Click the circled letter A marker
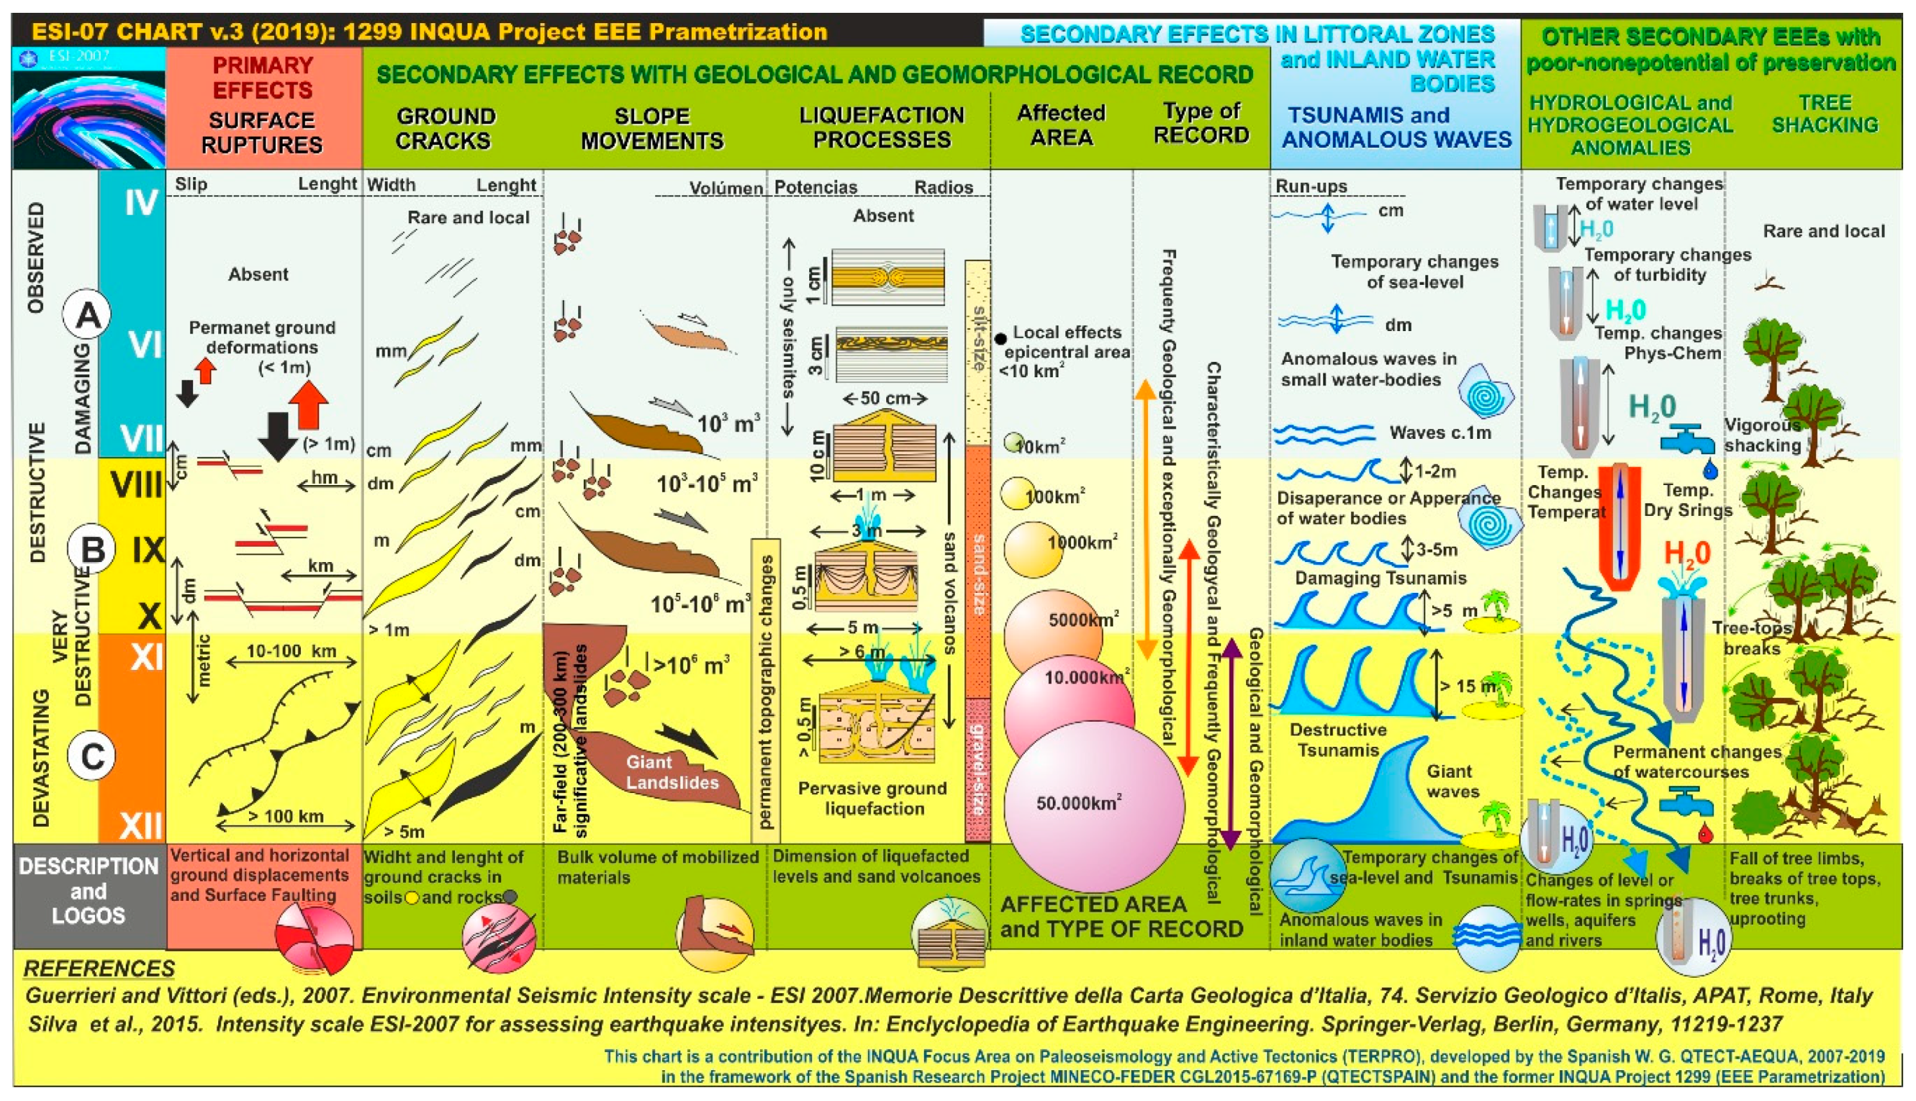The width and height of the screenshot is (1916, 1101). pos(88,314)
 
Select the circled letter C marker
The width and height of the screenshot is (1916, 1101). pos(92,756)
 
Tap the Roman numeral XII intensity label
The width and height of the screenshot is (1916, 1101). pos(141,824)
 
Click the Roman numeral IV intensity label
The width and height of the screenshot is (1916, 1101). pos(141,203)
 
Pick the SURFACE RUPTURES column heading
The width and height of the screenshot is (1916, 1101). pos(262,132)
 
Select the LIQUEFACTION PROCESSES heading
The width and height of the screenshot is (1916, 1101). pos(882,127)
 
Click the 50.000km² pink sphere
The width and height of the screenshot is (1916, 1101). pos(1093,805)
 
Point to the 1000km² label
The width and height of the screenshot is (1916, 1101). pos(1081,543)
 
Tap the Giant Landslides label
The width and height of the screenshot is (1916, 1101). pos(671,772)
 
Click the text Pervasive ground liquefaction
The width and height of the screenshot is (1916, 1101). pos(873,798)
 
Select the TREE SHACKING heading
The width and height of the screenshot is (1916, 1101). pos(1824,114)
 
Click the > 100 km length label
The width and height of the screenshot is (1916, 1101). pos(286,816)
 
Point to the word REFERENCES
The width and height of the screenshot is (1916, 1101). pos(99,969)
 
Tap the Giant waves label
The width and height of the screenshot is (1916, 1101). pos(1451,781)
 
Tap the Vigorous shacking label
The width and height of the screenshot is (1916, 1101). pos(1762,435)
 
